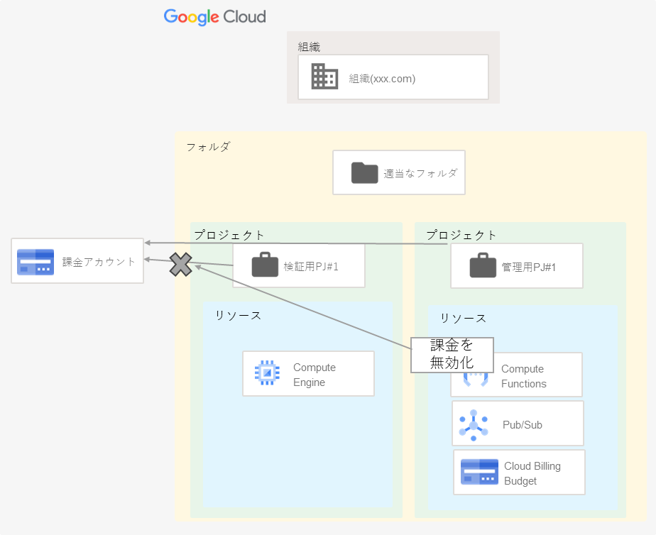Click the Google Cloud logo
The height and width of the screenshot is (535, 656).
click(x=214, y=16)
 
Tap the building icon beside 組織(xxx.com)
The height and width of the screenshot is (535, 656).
click(x=324, y=77)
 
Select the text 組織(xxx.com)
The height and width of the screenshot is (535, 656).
click(x=382, y=79)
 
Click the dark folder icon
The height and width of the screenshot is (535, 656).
click(x=364, y=172)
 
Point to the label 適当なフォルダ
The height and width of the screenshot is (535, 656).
click(x=420, y=172)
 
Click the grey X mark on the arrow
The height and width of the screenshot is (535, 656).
click(x=181, y=265)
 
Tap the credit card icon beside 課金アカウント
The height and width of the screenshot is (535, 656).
click(x=35, y=262)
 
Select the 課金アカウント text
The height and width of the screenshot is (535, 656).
click(x=99, y=262)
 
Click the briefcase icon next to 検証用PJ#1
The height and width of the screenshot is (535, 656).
click(x=265, y=266)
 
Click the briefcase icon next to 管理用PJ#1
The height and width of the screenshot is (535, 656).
click(x=483, y=267)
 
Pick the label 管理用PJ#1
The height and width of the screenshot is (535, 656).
click(x=528, y=267)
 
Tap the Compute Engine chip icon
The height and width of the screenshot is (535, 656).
click(x=267, y=373)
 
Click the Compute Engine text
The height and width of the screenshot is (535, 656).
click(x=314, y=375)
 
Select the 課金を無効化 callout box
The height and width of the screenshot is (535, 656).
click(x=452, y=354)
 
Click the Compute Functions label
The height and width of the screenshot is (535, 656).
click(x=523, y=376)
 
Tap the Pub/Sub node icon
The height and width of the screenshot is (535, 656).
click(x=474, y=424)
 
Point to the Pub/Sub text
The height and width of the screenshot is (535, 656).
click(x=523, y=424)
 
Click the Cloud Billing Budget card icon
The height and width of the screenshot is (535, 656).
click(x=479, y=473)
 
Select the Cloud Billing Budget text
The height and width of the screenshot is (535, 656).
click(x=532, y=473)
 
